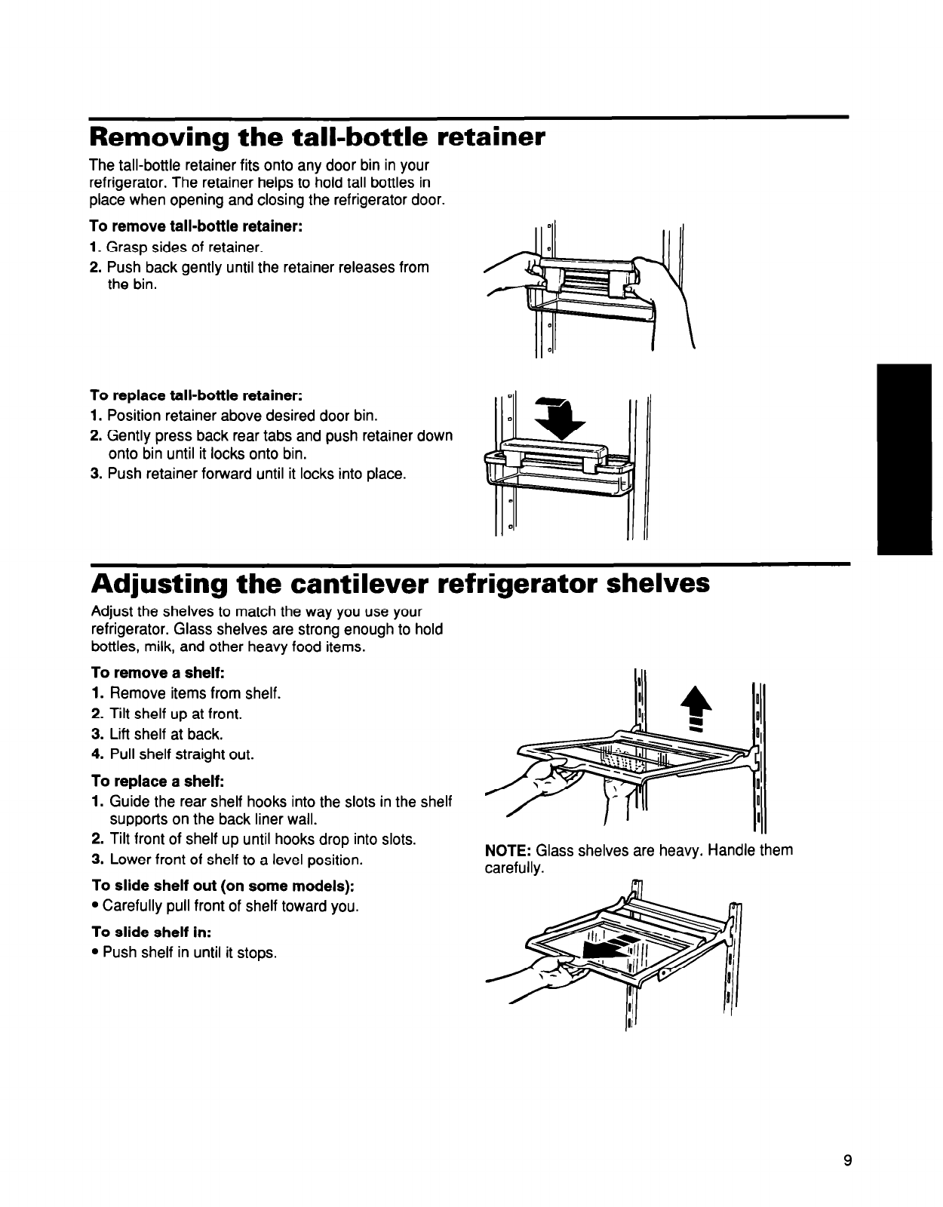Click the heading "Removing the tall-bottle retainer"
point(317,138)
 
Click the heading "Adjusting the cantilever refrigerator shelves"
point(400,583)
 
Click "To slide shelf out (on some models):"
point(223,884)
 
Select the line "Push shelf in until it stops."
point(189,953)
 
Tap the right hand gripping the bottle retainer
point(664,294)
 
